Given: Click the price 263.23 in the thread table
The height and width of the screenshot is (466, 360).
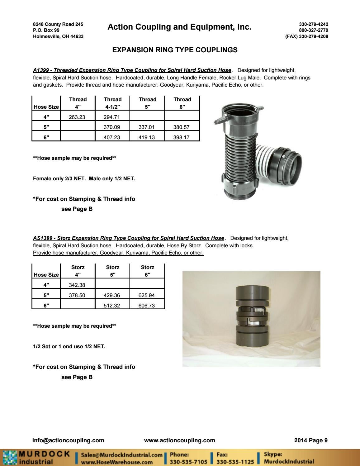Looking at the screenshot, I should pyautogui.click(x=77, y=117).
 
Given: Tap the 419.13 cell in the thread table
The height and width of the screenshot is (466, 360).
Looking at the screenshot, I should pyautogui.click(x=147, y=137).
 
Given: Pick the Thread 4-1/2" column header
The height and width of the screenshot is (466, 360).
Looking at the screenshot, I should pyautogui.click(x=112, y=103).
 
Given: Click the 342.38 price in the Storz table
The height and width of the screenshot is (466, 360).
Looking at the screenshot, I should pyautogui.click(x=77, y=285).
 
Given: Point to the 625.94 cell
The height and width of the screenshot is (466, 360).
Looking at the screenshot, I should pyautogui.click(x=147, y=295).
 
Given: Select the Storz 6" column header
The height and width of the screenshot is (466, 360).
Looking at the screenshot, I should pyautogui.click(x=147, y=271).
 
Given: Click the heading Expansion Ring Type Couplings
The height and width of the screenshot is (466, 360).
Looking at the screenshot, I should pyautogui.click(x=175, y=50).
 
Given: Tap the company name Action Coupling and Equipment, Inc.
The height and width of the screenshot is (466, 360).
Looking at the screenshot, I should pyautogui.click(x=179, y=27).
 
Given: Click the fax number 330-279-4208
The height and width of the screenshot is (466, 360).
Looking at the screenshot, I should pyautogui.click(x=313, y=36).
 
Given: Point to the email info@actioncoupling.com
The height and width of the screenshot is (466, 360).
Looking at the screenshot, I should pyautogui.click(x=68, y=440).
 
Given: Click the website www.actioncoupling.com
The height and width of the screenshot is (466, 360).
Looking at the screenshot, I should pyautogui.click(x=179, y=440).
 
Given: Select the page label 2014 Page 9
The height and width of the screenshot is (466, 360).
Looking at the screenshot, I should pyautogui.click(x=311, y=440).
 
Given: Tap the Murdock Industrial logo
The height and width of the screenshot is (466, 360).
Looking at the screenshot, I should pyautogui.click(x=36, y=457).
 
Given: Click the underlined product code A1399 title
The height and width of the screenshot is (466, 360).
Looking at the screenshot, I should pyautogui.click(x=132, y=70).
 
